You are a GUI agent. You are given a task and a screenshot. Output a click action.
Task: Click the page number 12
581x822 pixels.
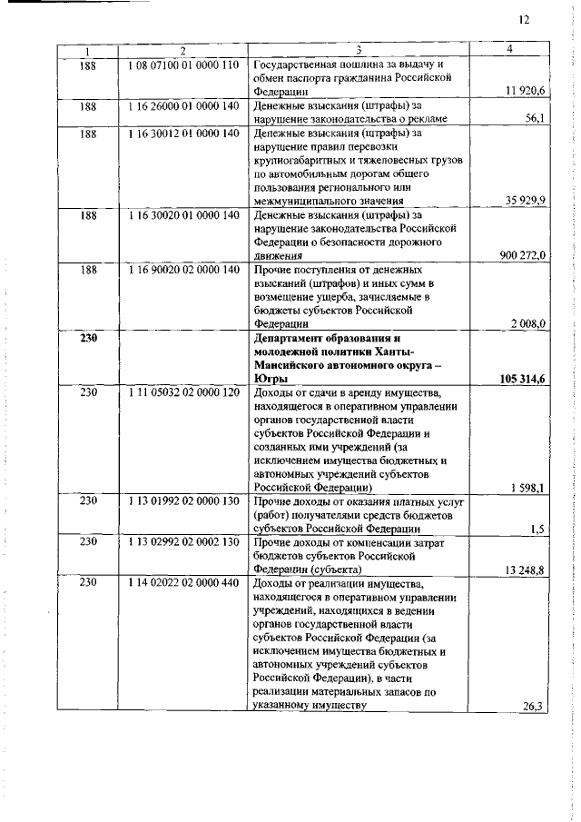click(524, 20)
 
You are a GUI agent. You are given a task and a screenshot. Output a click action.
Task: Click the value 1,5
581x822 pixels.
click(537, 529)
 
